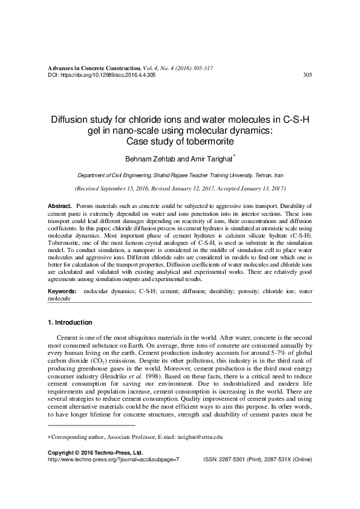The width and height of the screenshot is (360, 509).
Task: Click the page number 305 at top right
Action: (x=307, y=75)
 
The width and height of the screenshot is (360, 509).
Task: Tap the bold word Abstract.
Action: (x=59, y=207)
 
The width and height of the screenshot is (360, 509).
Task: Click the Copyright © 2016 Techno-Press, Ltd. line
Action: (x=95, y=452)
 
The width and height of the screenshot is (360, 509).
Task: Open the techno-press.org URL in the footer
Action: (x=113, y=459)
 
